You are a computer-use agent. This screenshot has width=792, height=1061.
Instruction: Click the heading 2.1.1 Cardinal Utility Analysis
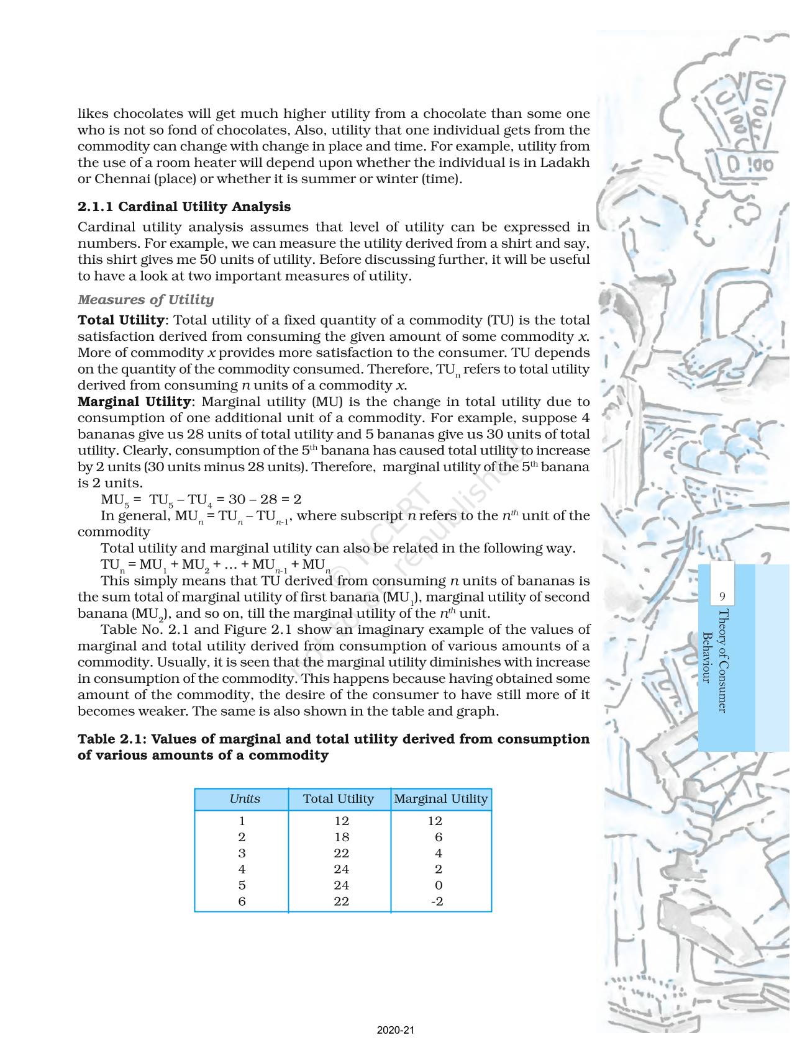(x=184, y=207)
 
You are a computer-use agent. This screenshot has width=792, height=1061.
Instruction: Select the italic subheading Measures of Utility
(x=145, y=300)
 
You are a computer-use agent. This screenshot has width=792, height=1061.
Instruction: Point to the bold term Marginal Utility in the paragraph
(x=134, y=402)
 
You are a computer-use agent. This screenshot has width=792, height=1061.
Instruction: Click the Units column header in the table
(x=245, y=799)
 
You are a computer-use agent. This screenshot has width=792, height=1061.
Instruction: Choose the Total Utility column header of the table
(x=339, y=799)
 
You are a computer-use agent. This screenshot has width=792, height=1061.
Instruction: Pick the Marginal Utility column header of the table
(x=440, y=799)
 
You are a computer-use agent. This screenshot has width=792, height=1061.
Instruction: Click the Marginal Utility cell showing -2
(x=437, y=901)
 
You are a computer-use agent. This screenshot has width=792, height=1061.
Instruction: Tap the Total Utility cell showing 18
(x=341, y=837)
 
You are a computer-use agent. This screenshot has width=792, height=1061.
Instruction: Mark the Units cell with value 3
(x=242, y=853)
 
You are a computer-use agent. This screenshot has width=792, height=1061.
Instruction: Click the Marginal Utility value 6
(x=439, y=837)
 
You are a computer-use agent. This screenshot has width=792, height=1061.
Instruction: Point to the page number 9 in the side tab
(x=722, y=597)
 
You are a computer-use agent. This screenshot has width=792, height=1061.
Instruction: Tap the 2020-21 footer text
(x=396, y=1031)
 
